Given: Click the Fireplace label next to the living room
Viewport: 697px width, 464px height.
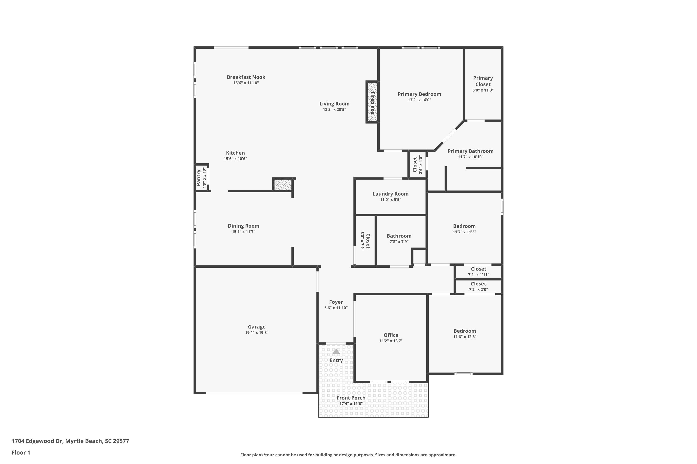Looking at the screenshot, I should click(x=372, y=103).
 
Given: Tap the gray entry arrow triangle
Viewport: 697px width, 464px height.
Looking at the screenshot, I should click(x=336, y=351).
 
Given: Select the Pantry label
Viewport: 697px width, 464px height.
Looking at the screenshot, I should click(x=199, y=177).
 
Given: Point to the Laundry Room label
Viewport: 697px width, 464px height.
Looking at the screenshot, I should click(x=390, y=194).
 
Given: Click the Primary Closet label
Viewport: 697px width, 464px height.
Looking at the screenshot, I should click(x=483, y=81).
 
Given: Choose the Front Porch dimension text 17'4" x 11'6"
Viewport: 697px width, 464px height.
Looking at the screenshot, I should click(x=351, y=404).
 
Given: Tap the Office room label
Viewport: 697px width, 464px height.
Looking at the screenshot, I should click(x=391, y=335).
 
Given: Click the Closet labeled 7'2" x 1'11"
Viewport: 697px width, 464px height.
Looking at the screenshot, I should click(x=478, y=269).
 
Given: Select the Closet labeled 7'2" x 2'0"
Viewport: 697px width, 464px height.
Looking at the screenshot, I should click(x=478, y=284).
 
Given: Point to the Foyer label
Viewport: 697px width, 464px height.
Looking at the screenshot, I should click(x=336, y=302).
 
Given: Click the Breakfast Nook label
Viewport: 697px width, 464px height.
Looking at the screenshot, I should click(x=246, y=77).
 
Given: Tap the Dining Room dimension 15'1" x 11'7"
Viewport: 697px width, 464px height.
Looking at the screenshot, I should click(x=243, y=232).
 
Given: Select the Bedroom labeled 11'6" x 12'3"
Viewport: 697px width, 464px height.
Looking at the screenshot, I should click(x=464, y=331).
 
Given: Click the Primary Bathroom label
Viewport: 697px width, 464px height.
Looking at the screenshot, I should click(x=470, y=151).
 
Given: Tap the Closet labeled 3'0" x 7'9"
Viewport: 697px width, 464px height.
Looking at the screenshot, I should click(x=368, y=241).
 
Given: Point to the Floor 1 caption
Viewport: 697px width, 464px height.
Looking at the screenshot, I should click(x=21, y=452).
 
